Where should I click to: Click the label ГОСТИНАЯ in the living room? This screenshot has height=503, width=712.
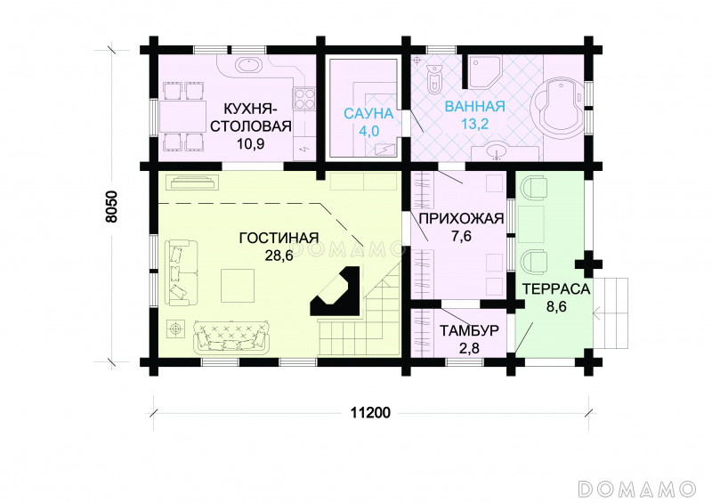[279, 238]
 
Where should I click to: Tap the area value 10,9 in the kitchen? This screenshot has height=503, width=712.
[250, 143]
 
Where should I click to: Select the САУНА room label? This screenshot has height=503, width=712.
[368, 114]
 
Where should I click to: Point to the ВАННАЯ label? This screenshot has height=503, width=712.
[474, 106]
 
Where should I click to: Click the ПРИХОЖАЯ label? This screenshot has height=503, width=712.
[461, 218]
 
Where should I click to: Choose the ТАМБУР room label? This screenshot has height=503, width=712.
[469, 330]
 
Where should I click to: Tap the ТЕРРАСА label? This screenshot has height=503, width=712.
[555, 289]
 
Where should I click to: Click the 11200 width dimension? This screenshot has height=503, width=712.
[370, 412]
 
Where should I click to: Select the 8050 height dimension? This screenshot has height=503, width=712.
[111, 207]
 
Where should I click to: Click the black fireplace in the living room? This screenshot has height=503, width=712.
[336, 292]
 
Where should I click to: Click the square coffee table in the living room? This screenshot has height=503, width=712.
[238, 286]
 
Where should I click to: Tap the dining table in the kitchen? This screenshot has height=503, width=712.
[182, 118]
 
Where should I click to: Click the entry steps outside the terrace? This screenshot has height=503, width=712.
[611, 313]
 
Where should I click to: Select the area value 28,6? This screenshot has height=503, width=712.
[279, 256]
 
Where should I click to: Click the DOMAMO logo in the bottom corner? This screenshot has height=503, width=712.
[637, 489]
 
